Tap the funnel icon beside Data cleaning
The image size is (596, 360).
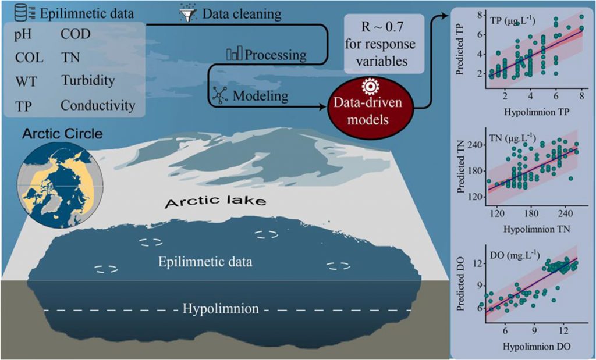pos(188,14)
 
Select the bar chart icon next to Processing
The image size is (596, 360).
pos(234,54)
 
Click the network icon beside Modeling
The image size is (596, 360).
pos(219,95)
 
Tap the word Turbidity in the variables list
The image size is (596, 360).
pos(88,81)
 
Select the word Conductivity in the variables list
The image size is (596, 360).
pos(98,106)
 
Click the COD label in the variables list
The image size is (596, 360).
pos(76,34)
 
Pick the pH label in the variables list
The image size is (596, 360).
pos(23,35)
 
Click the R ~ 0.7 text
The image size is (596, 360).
pos(384,27)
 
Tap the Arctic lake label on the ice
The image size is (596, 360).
pos(215,200)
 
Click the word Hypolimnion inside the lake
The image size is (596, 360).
pos(221,308)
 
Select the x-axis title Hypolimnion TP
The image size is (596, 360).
pos(536,112)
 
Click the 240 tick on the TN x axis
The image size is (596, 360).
pos(565,213)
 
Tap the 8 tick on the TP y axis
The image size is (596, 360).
pos(480,15)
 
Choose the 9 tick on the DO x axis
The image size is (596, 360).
pos(534,331)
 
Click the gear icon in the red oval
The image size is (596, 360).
pos(370,87)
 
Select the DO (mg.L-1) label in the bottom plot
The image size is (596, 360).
pos(515,255)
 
